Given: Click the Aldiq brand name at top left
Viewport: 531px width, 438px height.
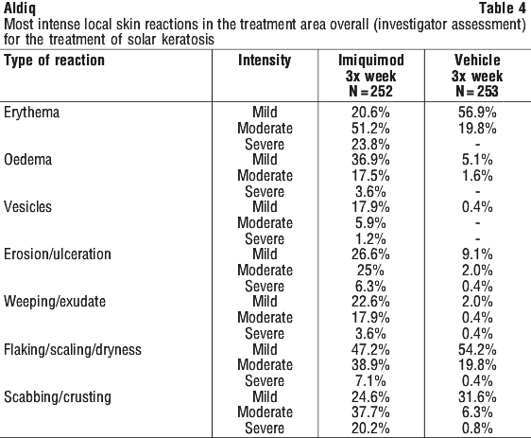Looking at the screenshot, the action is pyautogui.click(x=20, y=9).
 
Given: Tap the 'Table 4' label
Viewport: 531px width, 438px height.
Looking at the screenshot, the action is pyautogui.click(x=503, y=9).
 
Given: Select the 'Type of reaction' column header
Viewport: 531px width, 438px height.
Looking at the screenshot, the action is pyautogui.click(x=54, y=61).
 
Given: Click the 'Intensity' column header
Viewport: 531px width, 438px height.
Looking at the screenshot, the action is pyautogui.click(x=265, y=61).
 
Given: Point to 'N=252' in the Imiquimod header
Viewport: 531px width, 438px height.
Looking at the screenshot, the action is pyautogui.click(x=370, y=91).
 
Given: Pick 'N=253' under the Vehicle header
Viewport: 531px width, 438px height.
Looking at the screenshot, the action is pyautogui.click(x=477, y=91).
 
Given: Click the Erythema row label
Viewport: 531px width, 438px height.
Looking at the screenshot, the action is pyautogui.click(x=31, y=113).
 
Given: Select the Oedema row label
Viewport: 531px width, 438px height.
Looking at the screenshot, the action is pyautogui.click(x=27, y=160).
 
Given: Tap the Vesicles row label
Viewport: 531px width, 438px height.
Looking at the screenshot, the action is pyautogui.click(x=27, y=207).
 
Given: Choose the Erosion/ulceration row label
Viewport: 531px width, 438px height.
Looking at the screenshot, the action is pyautogui.click(x=58, y=254).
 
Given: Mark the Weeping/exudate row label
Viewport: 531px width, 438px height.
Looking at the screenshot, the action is pyautogui.click(x=55, y=302).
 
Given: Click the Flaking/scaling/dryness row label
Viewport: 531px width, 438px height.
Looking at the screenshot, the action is pyautogui.click(x=73, y=349).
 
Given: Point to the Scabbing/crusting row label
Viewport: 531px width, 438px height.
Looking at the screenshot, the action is pyautogui.click(x=58, y=397).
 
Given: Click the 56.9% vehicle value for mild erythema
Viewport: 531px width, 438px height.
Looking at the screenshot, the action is pyautogui.click(x=477, y=113).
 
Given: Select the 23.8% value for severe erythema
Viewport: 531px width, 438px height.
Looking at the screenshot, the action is pyautogui.click(x=370, y=145).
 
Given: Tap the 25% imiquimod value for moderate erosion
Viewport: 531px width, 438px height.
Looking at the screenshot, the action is pyautogui.click(x=370, y=271).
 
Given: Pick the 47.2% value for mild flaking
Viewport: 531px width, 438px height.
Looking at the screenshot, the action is pyautogui.click(x=370, y=349).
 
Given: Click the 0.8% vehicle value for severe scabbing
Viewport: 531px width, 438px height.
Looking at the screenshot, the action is pyautogui.click(x=477, y=429).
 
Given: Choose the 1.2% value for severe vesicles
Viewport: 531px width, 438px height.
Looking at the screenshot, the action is pyautogui.click(x=370, y=239).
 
